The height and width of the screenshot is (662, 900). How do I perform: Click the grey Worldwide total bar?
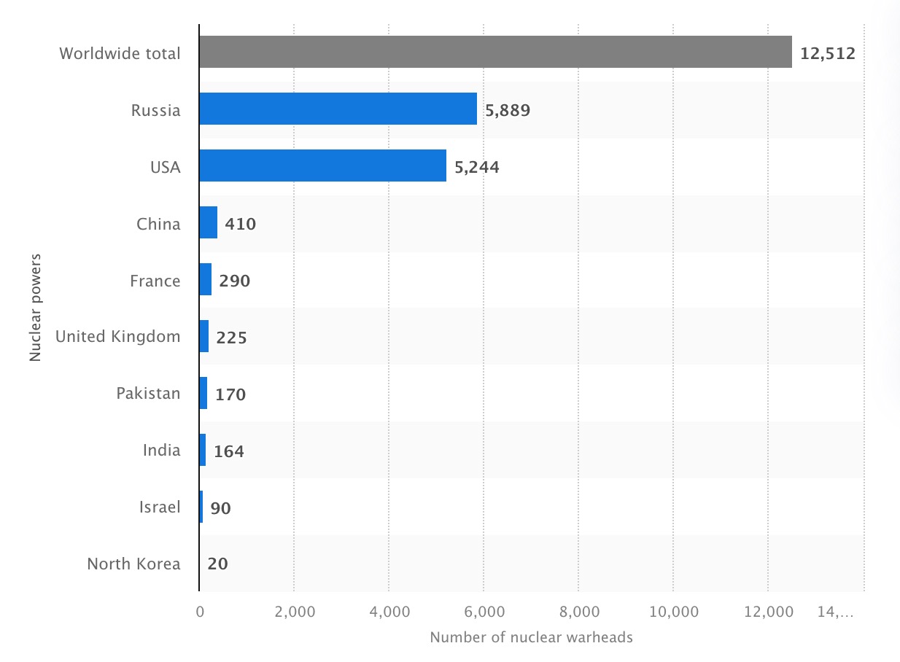click(495, 52)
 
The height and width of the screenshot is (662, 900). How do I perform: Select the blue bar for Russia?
click(338, 109)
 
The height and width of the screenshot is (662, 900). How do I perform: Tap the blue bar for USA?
click(322, 166)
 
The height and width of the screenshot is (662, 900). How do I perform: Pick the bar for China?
click(209, 223)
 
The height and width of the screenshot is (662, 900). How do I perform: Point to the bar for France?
click(206, 280)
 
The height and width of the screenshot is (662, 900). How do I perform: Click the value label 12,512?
click(827, 53)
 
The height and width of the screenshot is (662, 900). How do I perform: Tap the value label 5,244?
click(477, 167)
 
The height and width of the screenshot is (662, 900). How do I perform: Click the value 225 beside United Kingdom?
click(231, 338)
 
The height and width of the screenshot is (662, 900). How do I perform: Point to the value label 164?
click(228, 451)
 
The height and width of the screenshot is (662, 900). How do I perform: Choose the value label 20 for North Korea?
click(217, 564)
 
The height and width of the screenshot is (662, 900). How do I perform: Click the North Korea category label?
click(133, 564)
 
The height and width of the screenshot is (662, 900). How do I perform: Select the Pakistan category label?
click(148, 394)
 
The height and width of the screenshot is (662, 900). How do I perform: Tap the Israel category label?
click(160, 507)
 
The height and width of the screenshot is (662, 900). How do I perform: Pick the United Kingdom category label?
click(117, 337)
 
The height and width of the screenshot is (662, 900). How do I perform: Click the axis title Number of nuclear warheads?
click(531, 638)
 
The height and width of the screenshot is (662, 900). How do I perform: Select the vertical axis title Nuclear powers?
click(35, 308)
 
